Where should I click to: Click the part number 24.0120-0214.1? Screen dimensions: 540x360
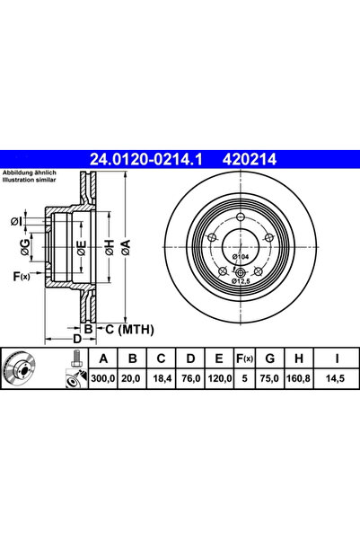145,159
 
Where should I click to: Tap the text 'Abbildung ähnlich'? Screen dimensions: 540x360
30,173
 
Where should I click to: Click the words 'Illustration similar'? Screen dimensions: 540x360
31,181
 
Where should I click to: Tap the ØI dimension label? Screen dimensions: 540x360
16,220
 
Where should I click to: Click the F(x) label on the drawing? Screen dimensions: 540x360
19,276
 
